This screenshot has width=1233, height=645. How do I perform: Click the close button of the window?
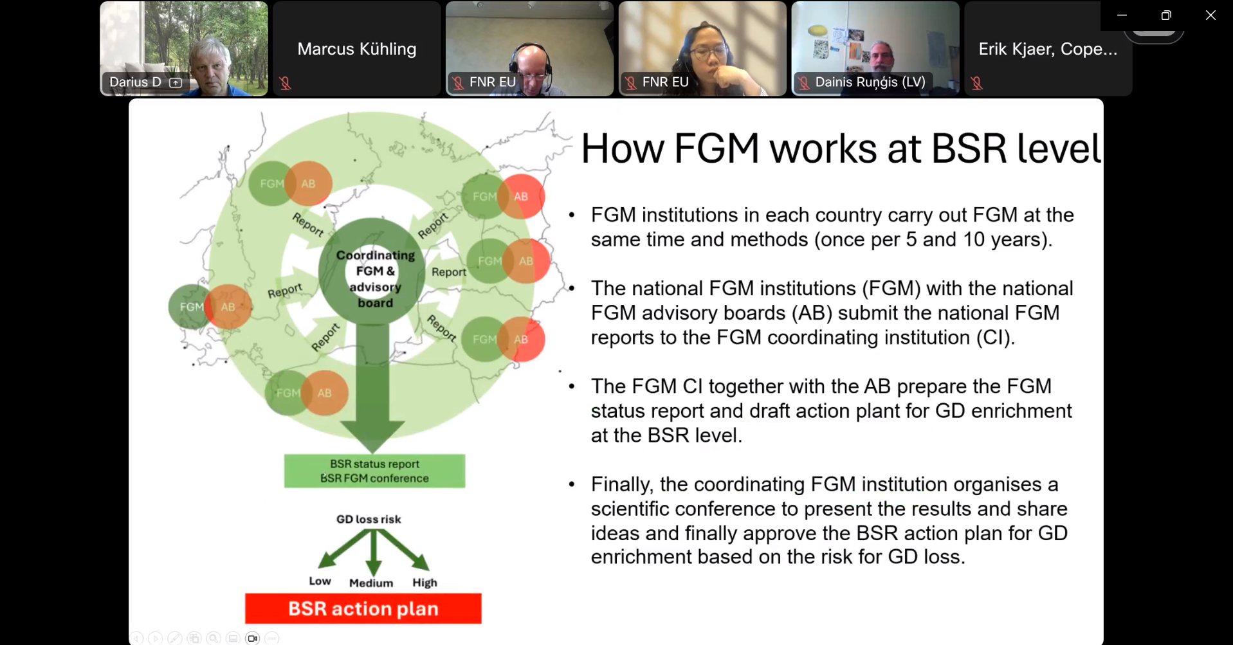(x=1210, y=15)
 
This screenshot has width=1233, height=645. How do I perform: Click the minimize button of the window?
(x=1122, y=15)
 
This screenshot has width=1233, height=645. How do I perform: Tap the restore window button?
(x=1166, y=15)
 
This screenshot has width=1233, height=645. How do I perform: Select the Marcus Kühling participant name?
(x=356, y=49)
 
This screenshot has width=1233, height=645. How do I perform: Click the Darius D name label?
(x=135, y=82)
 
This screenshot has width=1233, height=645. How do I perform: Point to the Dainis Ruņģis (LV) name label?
(x=870, y=82)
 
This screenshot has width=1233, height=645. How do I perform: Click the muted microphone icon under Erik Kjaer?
(x=976, y=83)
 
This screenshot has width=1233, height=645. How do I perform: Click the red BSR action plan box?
(x=363, y=608)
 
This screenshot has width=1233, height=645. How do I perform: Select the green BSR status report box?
(x=374, y=471)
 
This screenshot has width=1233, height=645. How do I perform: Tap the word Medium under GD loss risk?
(x=370, y=583)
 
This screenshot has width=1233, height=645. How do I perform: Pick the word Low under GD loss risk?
(x=320, y=581)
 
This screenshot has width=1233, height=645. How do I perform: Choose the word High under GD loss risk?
(x=425, y=583)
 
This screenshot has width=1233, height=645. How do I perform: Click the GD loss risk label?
(x=368, y=519)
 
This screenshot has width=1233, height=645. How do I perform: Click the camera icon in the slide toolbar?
(x=252, y=638)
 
